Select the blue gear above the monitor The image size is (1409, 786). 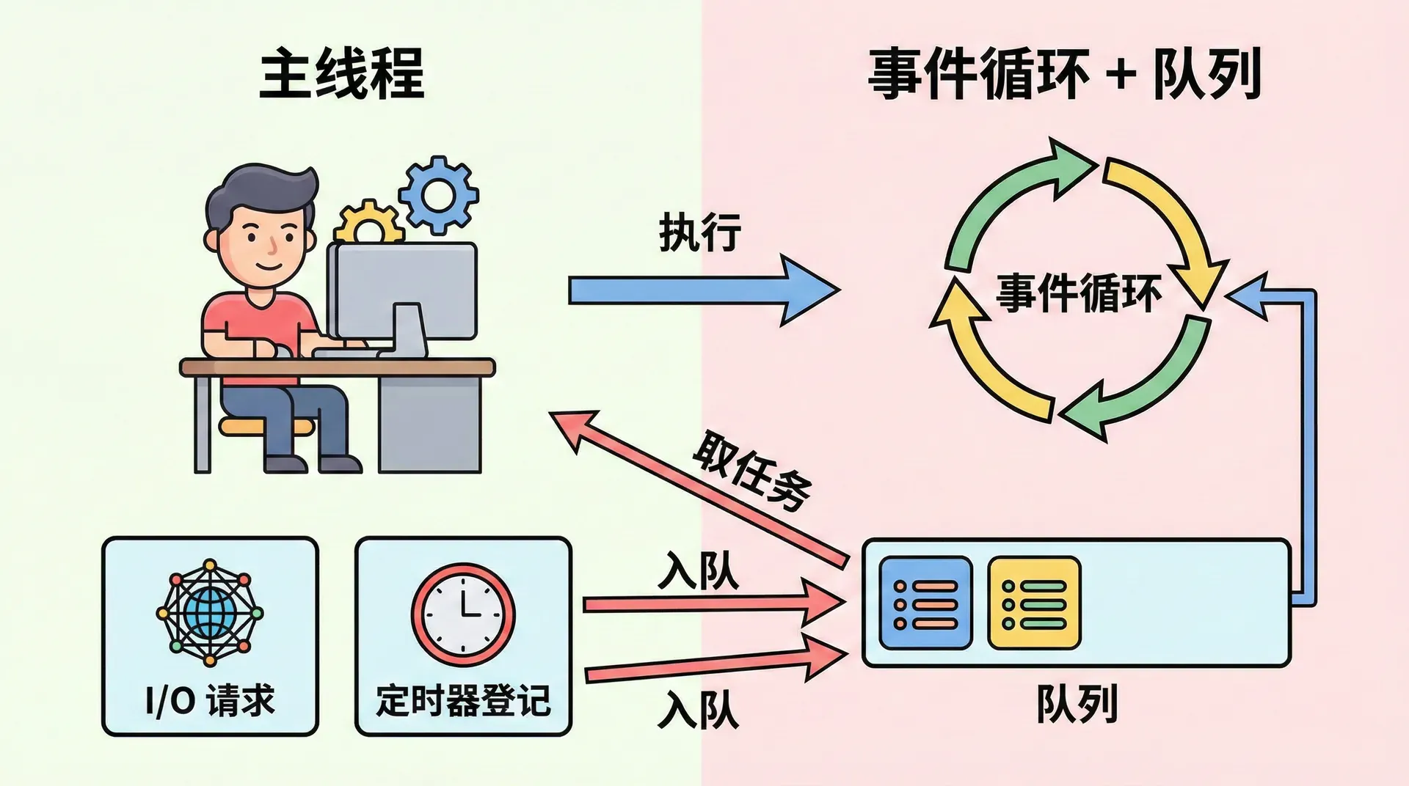(439, 194)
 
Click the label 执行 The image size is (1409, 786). (699, 233)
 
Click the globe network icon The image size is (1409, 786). (210, 613)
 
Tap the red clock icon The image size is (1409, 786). (463, 614)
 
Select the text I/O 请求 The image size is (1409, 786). (210, 700)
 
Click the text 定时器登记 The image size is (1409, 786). (463, 700)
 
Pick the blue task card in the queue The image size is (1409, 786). (925, 603)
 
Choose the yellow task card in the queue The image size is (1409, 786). (1034, 603)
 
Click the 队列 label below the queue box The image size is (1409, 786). (1076, 704)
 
